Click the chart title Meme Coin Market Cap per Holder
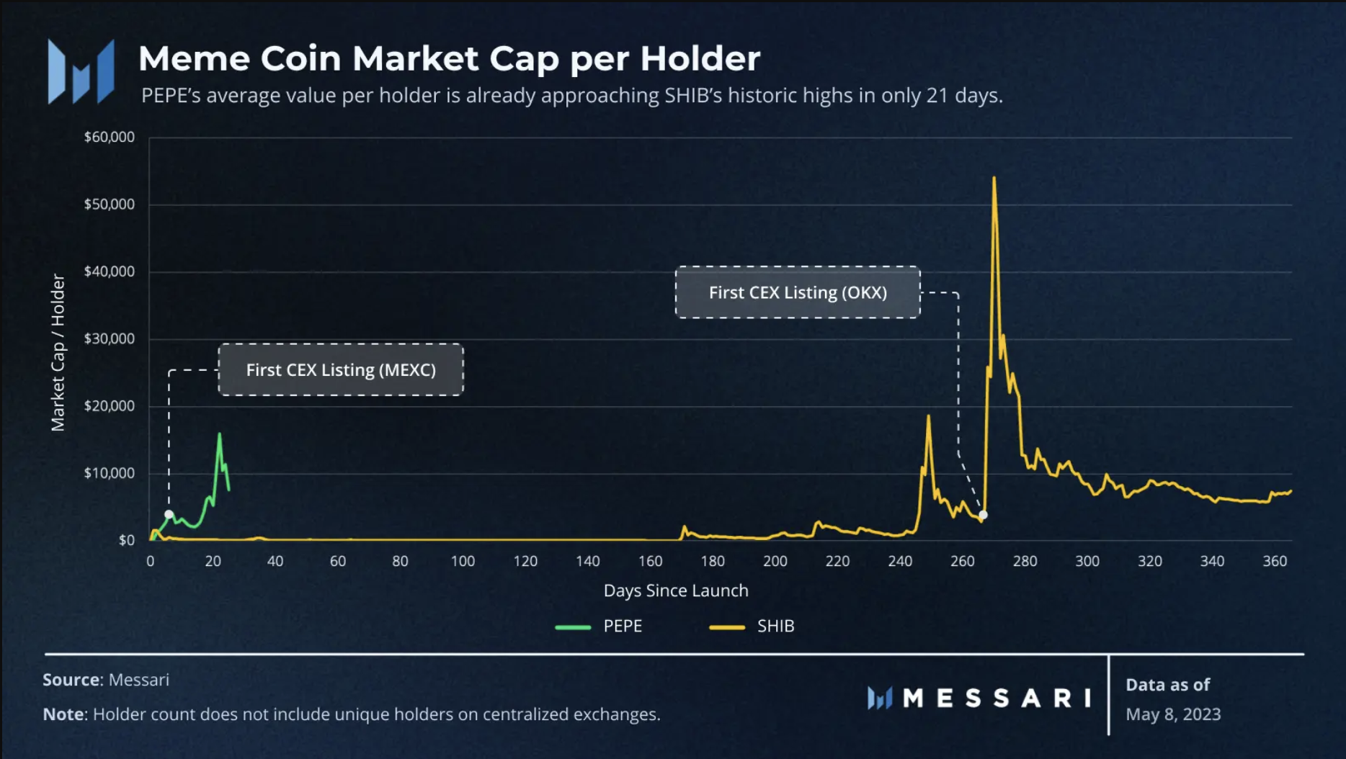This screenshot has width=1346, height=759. coord(449,58)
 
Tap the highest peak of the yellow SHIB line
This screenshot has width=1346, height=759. coord(994,179)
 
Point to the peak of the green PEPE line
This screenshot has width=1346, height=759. coord(219,434)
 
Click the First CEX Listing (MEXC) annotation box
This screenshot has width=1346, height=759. coord(341,369)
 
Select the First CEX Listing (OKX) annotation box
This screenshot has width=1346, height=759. coord(798,292)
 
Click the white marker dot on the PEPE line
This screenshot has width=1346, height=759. coord(169,514)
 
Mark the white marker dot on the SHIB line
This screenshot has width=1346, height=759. coord(983,515)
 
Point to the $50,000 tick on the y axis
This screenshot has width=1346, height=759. coord(109,204)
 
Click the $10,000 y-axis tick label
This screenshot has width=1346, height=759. coord(109,473)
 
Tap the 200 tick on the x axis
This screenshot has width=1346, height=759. coord(775,561)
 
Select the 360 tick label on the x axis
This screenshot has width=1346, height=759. coord(1274,561)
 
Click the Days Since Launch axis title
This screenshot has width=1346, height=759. coord(675,590)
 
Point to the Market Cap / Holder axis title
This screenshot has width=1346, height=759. coord(58,352)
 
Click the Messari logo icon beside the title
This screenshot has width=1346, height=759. coord(81,72)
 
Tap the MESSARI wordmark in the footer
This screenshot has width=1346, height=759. coord(996,697)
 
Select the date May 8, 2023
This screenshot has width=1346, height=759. coord(1173,714)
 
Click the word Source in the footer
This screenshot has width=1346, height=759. coord(71,680)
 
